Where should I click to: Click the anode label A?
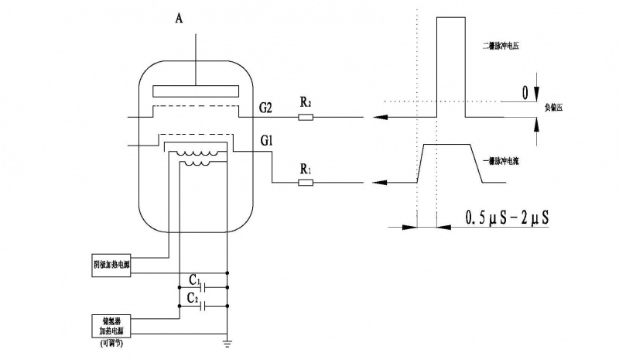point(180,19)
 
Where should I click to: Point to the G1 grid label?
point(268,142)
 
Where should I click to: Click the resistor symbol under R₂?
point(306,118)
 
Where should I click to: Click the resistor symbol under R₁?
point(306,183)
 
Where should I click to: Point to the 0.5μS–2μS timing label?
point(508,218)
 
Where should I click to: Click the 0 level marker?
point(525,93)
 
